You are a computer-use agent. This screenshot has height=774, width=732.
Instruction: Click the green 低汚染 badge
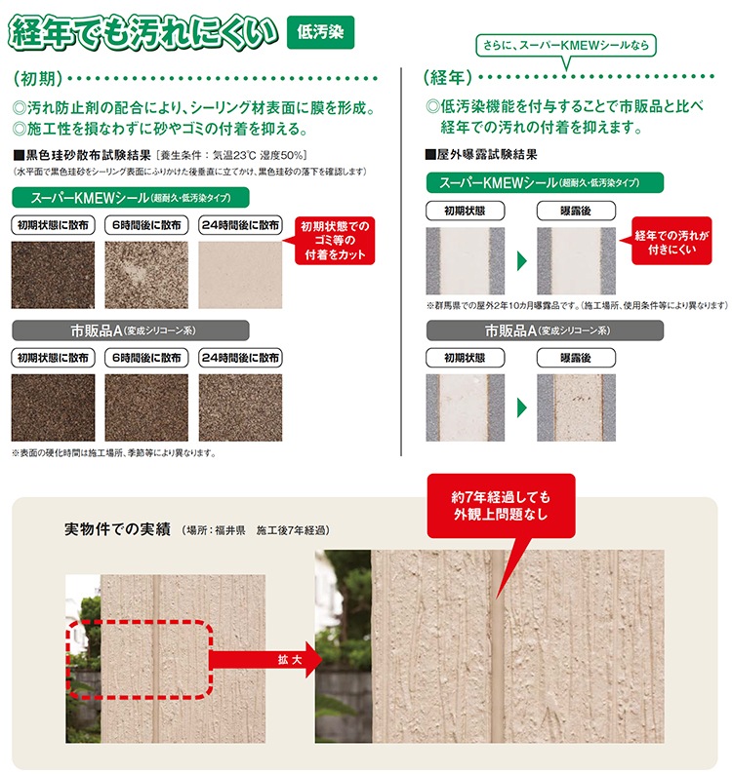pyautogui.click(x=320, y=32)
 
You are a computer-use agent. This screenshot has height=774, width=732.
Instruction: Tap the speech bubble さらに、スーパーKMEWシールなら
pyautogui.click(x=566, y=46)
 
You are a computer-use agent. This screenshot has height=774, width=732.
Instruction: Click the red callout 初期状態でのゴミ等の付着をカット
pyautogui.click(x=335, y=241)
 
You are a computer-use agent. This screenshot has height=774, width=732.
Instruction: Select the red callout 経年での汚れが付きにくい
pyautogui.click(x=671, y=242)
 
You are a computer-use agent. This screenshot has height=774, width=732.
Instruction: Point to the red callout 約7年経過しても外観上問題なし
pyautogui.click(x=502, y=506)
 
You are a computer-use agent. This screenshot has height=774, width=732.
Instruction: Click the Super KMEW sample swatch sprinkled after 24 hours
pyautogui.click(x=240, y=275)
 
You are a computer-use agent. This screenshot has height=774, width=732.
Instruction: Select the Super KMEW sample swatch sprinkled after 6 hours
pyautogui.click(x=146, y=275)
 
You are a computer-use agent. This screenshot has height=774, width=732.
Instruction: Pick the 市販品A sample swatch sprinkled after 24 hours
pyautogui.click(x=240, y=407)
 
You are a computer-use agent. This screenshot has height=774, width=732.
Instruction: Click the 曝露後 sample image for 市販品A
pyautogui.click(x=576, y=407)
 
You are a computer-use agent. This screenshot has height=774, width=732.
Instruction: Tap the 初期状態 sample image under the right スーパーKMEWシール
pyautogui.click(x=466, y=261)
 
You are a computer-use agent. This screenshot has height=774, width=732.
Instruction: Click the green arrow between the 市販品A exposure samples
pyautogui.click(x=522, y=407)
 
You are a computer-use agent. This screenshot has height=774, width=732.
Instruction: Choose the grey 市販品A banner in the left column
pyautogui.click(x=131, y=330)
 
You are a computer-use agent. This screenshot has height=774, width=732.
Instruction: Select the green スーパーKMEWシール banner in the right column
pyautogui.click(x=545, y=182)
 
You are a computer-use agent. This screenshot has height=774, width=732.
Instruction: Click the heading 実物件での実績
pyautogui.click(x=118, y=529)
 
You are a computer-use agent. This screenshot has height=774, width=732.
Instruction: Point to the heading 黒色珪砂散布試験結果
pyautogui.click(x=83, y=156)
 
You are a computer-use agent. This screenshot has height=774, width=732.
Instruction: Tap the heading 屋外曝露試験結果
pyautogui.click(x=481, y=154)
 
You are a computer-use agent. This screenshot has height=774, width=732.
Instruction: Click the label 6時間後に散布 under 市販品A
pyautogui.click(x=146, y=358)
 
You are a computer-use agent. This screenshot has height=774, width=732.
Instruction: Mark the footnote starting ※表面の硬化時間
pyautogui.click(x=114, y=452)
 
